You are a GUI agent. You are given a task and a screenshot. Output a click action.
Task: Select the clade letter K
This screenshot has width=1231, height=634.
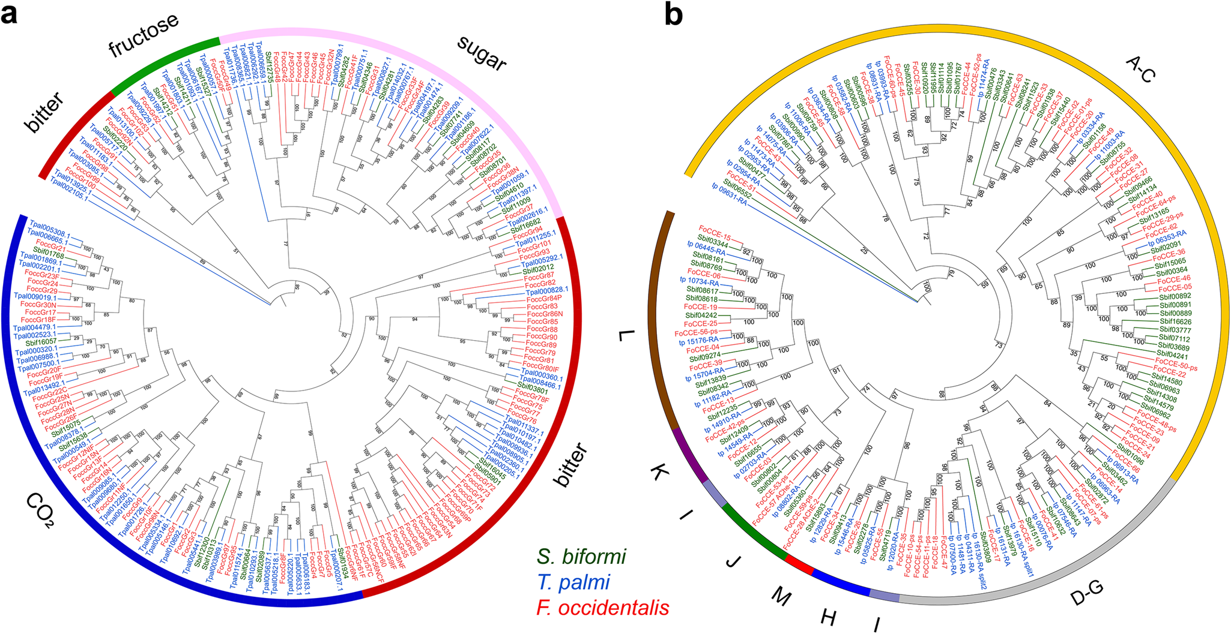coord(659,473)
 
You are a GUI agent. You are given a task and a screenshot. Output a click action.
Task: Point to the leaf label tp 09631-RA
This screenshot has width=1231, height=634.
coord(728,201)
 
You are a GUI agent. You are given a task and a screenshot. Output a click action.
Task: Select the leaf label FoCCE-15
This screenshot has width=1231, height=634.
coord(714,229)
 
